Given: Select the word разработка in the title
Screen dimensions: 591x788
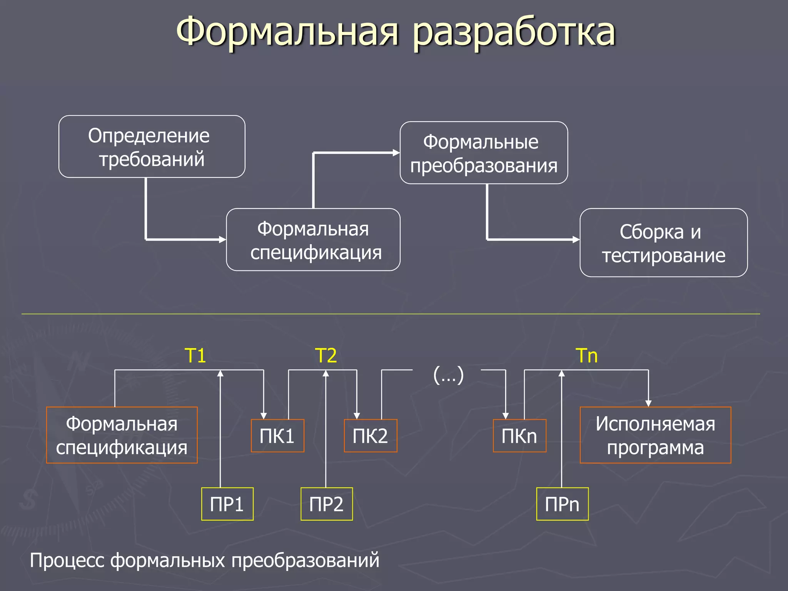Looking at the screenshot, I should pos(514,32).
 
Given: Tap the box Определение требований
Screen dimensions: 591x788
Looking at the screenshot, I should pos(152,147).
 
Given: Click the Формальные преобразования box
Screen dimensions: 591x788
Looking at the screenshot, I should pos(484,153).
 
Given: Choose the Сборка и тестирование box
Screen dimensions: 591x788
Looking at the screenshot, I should pos(663,243).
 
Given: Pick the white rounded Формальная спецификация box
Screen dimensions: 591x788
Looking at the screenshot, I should pos(313,240).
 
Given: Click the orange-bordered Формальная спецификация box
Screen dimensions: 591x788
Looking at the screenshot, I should pos(122,435).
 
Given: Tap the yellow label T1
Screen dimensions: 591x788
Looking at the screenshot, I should pos(195,355).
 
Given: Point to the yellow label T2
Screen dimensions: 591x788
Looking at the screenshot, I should pos(326,355).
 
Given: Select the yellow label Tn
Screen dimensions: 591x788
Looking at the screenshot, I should pos(587,355).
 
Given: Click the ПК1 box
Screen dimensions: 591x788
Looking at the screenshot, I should pos(277,436).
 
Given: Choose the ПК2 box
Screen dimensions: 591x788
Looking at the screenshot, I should pos(370,436).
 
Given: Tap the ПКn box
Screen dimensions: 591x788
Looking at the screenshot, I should pos(519,436).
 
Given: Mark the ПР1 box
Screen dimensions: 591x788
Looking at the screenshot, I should pos(227,504).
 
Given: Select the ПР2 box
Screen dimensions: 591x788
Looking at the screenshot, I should pos(326,504).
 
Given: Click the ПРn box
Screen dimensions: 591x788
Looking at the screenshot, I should pos(562,504).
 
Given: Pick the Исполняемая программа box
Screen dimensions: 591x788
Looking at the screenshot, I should pos(655,435).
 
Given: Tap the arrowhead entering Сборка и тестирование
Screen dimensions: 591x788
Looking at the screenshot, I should pos(576,240).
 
